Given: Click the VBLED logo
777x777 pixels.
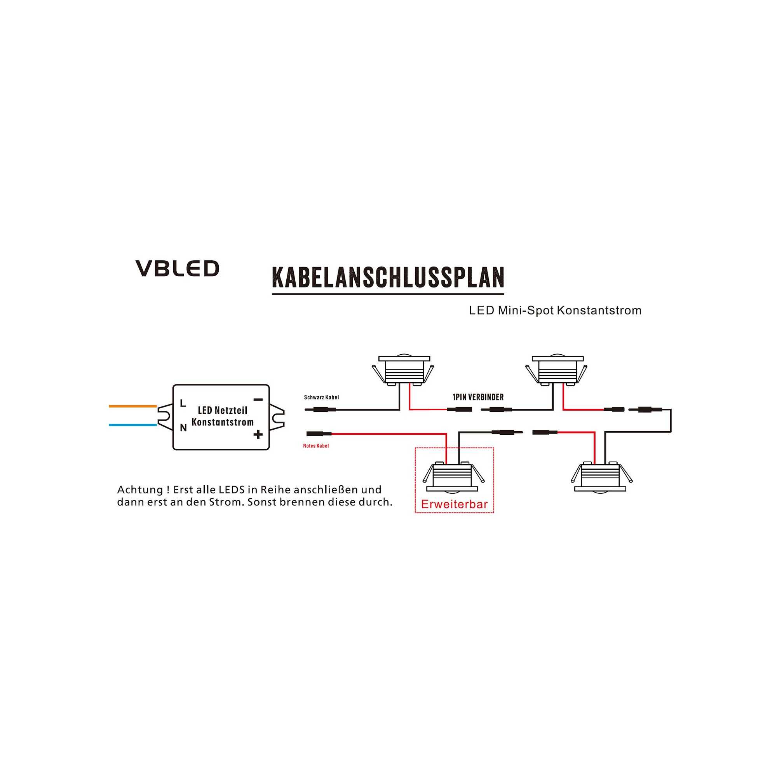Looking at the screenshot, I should tap(177, 268).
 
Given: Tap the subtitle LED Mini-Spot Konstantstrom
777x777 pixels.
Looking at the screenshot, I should tap(555, 310).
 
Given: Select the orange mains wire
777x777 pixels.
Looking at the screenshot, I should tap(132, 406).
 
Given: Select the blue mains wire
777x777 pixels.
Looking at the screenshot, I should tap(132, 425).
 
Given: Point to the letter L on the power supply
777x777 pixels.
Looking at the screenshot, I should tap(183, 403).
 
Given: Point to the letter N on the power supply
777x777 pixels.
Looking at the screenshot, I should tap(183, 428).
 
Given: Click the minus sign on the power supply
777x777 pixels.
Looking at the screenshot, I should tap(258, 400).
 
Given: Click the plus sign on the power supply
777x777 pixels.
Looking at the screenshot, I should tap(258, 434).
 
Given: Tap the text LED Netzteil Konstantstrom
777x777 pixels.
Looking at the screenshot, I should tap(222, 416).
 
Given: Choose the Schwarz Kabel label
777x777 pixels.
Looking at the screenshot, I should tap(321, 397).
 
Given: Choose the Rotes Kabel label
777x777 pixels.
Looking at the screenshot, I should tap(316, 446).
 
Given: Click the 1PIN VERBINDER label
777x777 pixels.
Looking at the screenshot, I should tap(478, 397).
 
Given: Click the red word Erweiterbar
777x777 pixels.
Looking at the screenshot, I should tap(454, 504).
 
